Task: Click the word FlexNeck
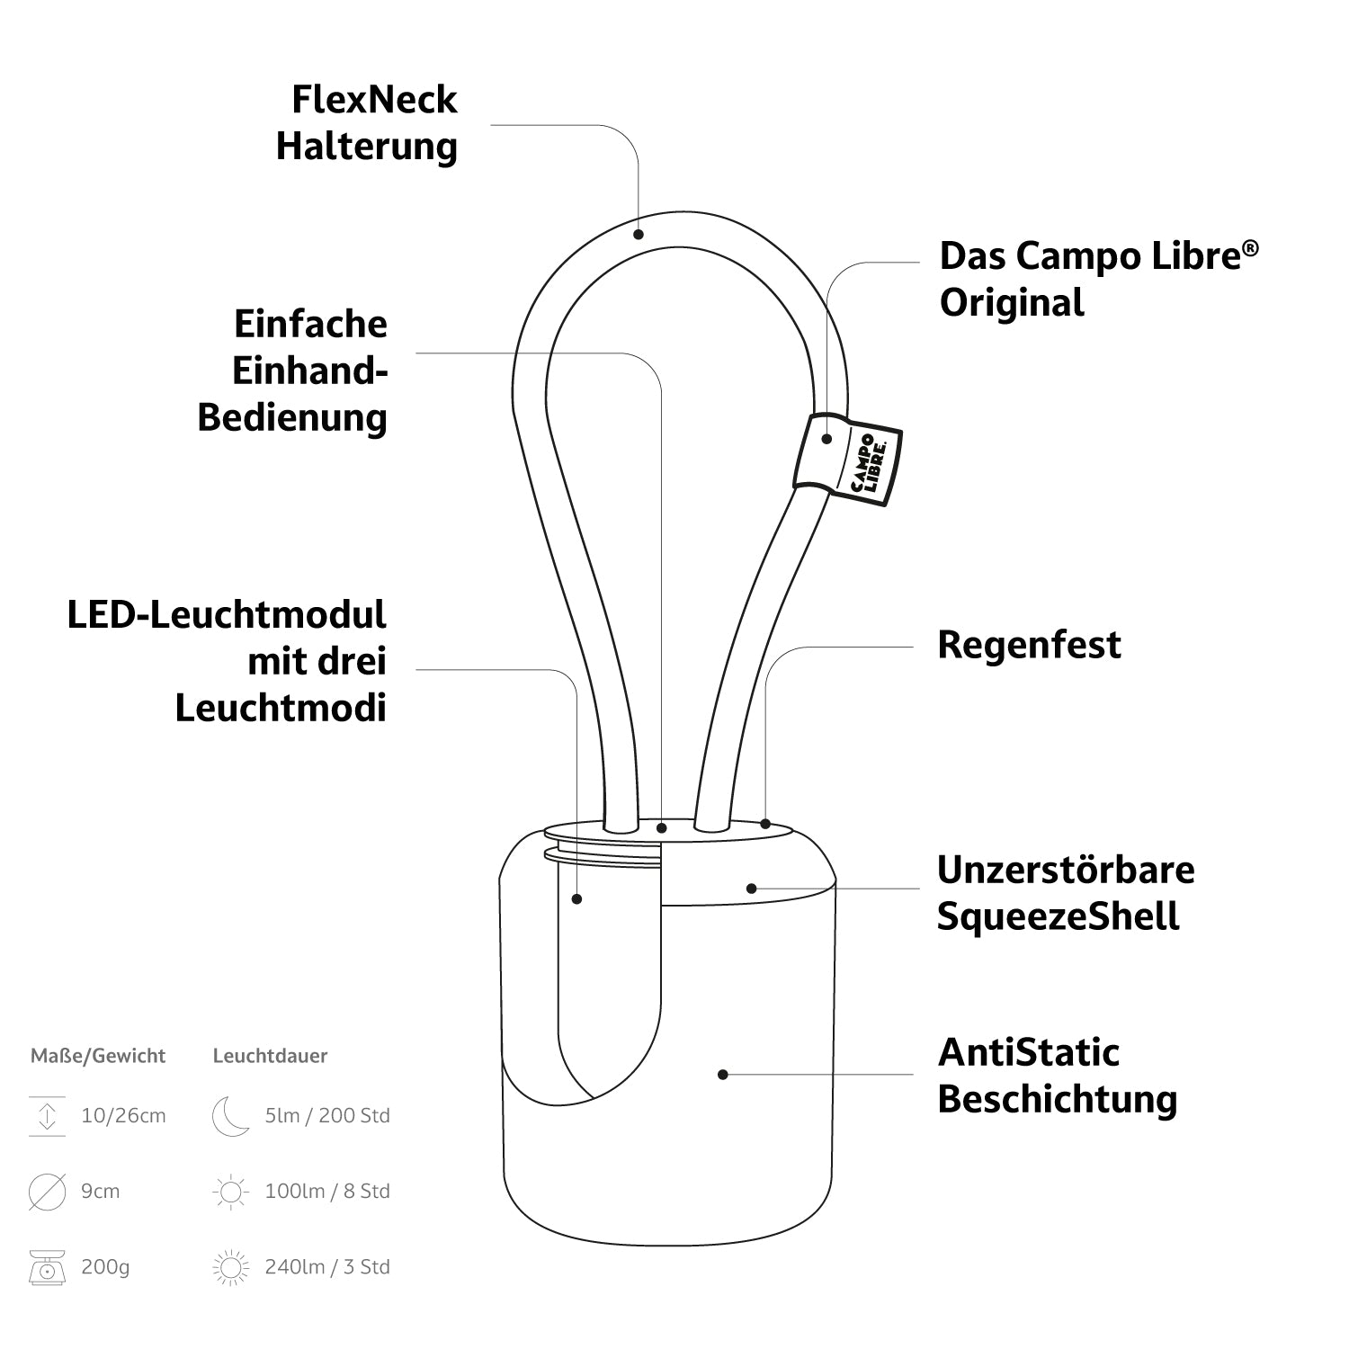[374, 100]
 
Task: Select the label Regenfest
[1029, 645]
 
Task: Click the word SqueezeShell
[1058, 916]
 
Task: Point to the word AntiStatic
[1029, 1052]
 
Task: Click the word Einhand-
[309, 371]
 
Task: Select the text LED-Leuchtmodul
[227, 615]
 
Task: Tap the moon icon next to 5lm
[230, 1116]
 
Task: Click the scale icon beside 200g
[47, 1266]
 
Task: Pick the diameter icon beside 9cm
[47, 1192]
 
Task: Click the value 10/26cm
[123, 1116]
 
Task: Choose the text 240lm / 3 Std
[327, 1267]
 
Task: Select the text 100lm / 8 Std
[327, 1192]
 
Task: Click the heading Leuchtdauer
[270, 1056]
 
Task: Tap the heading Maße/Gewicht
[98, 1056]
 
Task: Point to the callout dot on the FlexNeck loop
[639, 235]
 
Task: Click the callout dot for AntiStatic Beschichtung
[723, 1074]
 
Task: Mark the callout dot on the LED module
[577, 898]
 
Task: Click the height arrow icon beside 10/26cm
[47, 1116]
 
